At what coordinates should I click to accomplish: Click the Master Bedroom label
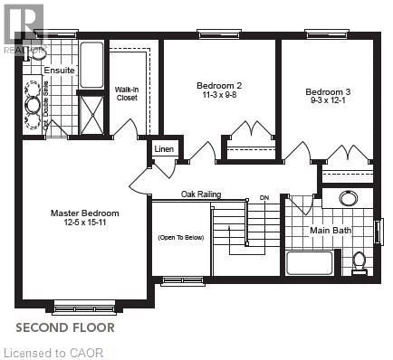coord(84,213)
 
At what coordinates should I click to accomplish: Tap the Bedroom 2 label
coord(219,86)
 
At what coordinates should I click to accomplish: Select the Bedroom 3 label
coord(327,91)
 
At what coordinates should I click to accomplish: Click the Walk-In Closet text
coord(126,93)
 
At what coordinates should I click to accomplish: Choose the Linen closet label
coord(164,148)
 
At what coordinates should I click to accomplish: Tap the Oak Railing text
coord(200,194)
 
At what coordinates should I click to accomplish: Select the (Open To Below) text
coord(180,237)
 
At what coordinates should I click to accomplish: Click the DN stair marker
coord(264,196)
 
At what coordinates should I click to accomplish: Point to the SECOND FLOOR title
coord(64,324)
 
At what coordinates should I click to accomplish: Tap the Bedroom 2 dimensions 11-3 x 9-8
coord(219,97)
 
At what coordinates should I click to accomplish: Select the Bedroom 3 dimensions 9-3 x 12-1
coord(327,102)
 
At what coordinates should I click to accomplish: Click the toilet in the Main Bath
coord(359,261)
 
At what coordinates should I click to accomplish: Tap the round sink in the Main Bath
coord(348,199)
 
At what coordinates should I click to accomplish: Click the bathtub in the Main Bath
coord(309,263)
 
